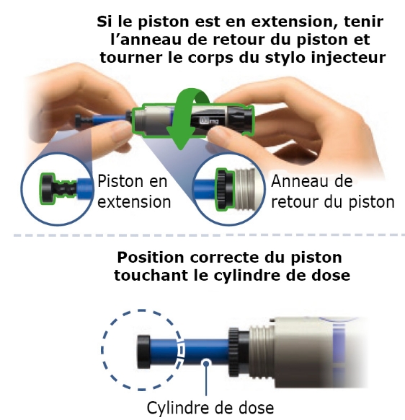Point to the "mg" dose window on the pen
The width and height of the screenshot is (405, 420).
[209, 121]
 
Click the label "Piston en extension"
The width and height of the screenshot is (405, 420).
[134, 191]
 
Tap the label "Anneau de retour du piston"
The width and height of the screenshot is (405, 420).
[333, 191]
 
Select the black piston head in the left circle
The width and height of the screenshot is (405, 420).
[48, 189]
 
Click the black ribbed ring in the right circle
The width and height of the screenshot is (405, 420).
[224, 189]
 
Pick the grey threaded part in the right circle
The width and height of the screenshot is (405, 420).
[245, 189]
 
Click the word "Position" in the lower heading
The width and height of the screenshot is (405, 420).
[151, 258]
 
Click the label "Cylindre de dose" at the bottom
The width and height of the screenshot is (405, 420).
[210, 408]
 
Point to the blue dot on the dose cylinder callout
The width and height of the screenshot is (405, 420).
[206, 364]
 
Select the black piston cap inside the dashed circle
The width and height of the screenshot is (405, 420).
[143, 351]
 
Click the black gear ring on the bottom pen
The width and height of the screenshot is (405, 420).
[233, 351]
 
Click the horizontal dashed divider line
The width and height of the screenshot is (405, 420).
[209, 235]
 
